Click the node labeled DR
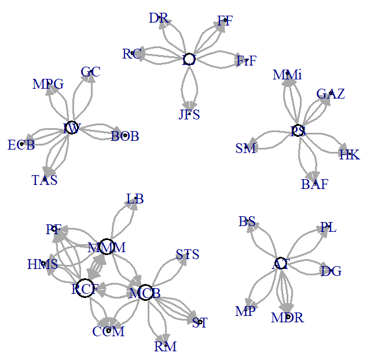(x=159, y=19)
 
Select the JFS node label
(x=189, y=114)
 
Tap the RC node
(x=133, y=54)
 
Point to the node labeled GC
(x=90, y=72)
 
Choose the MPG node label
(x=48, y=85)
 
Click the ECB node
(x=22, y=144)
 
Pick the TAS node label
(x=45, y=180)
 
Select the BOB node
(x=124, y=136)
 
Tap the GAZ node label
(x=330, y=93)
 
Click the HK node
(x=349, y=154)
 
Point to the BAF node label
(x=314, y=184)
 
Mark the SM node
(x=246, y=148)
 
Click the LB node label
(x=135, y=199)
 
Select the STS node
(x=187, y=254)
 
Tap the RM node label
(x=165, y=347)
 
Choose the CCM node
(x=108, y=331)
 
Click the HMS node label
(x=42, y=264)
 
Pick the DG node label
(x=331, y=271)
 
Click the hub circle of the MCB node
(x=145, y=293)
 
